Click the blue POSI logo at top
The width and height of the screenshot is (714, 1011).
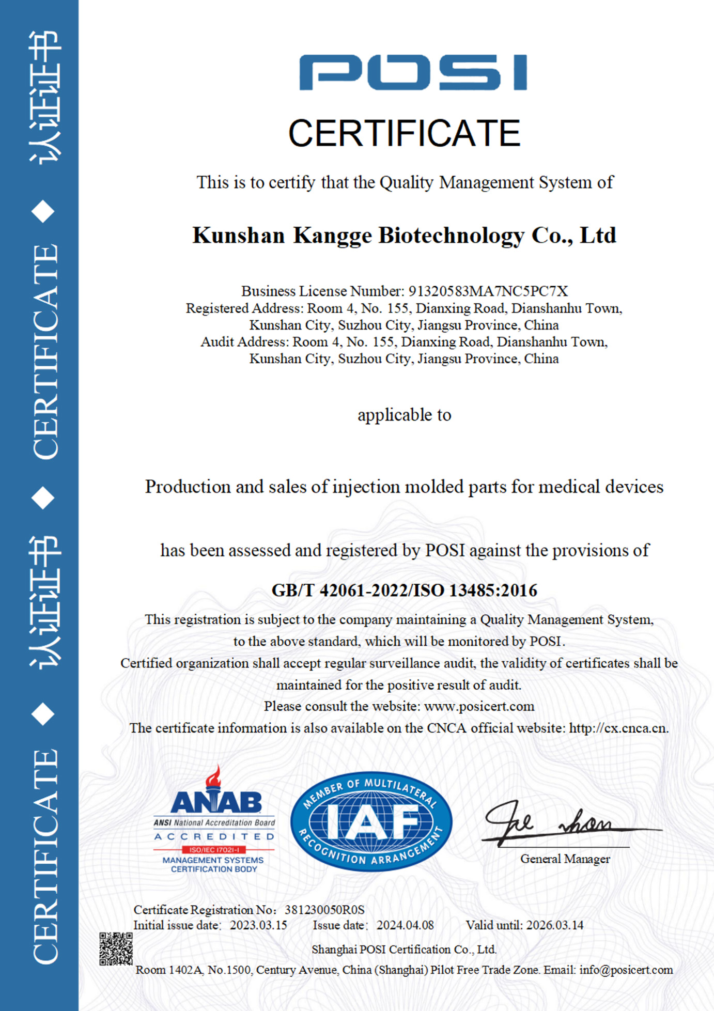(x=413, y=72)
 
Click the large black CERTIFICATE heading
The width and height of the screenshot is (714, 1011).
(x=404, y=133)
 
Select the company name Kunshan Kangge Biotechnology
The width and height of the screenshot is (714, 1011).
(x=404, y=236)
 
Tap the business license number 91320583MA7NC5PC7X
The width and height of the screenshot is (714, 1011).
(x=488, y=291)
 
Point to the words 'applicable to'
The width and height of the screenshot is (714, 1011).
(x=404, y=415)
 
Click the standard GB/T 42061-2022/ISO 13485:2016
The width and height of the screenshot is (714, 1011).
(x=404, y=590)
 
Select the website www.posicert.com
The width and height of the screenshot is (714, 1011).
(x=479, y=706)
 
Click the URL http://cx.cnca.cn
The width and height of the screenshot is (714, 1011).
(x=617, y=728)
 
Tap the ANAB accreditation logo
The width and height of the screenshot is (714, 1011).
(x=214, y=821)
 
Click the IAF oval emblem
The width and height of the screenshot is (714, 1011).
(x=371, y=821)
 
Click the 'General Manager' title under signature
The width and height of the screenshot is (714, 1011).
(x=565, y=859)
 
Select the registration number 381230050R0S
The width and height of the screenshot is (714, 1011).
(x=324, y=910)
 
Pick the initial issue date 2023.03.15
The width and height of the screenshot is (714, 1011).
(x=258, y=925)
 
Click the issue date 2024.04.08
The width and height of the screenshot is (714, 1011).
(x=405, y=925)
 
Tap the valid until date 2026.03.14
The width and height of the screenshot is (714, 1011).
(x=554, y=925)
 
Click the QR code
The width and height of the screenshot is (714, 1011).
(x=116, y=949)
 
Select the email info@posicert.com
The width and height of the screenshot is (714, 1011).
(x=626, y=970)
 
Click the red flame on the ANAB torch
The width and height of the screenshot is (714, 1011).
(x=213, y=776)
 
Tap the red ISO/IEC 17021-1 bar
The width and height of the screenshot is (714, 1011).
(x=214, y=850)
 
